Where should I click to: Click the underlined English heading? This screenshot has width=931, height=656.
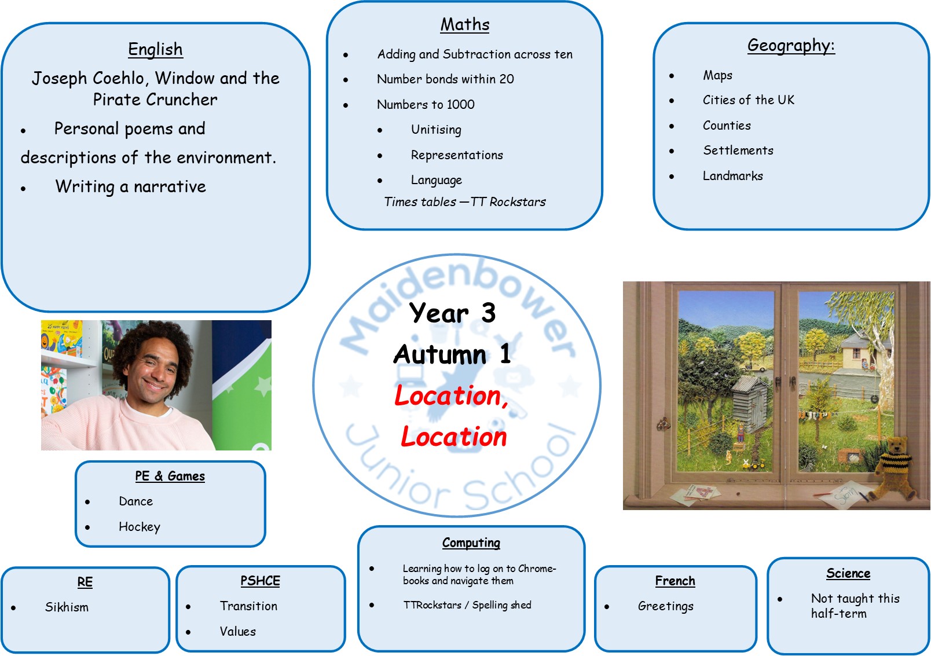[155, 49]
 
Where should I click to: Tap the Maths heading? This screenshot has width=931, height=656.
[465, 24]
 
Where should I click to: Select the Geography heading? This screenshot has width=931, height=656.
[791, 46]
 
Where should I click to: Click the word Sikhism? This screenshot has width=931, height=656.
[67, 607]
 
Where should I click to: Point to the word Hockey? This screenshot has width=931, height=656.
[139, 527]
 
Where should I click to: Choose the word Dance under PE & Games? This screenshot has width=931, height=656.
[136, 501]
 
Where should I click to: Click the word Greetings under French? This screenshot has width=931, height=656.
[665, 606]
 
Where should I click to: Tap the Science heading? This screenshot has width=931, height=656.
[848, 573]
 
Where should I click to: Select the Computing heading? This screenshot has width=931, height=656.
[471, 543]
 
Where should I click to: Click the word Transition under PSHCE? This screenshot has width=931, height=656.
[248, 606]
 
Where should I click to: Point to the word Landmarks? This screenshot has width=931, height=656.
[733, 176]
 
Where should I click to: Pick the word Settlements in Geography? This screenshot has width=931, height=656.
[738, 150]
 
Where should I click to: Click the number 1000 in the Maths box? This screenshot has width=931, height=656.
[460, 104]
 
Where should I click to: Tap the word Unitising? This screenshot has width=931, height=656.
[436, 130]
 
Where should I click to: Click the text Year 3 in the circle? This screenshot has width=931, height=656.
[452, 313]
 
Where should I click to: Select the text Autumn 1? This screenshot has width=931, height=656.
[452, 354]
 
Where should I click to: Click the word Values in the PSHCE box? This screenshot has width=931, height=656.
[238, 631]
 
